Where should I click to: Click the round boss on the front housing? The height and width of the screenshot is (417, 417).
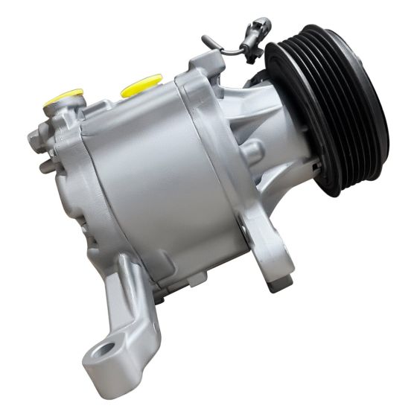coord(251,153)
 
